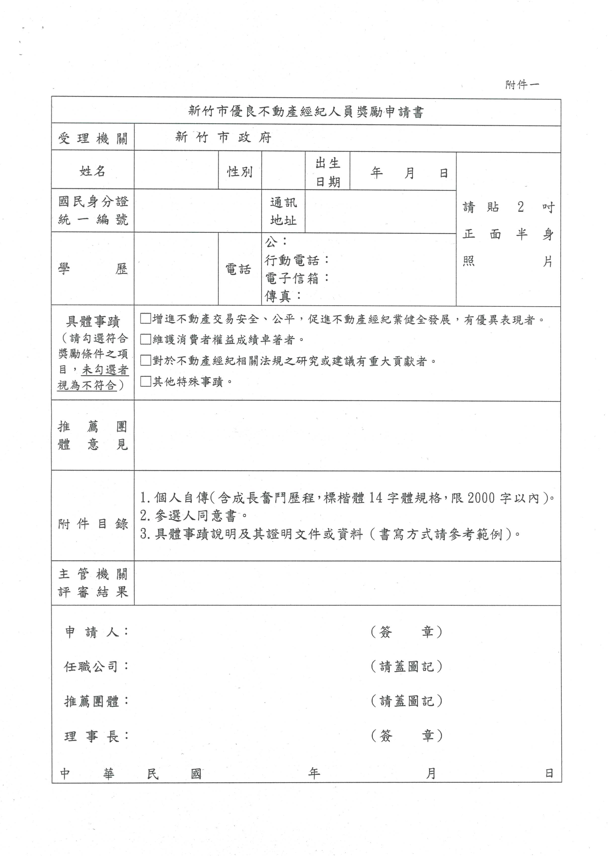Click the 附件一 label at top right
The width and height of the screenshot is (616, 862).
[x=522, y=85]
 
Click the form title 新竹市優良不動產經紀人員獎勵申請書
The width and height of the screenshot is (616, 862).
[x=306, y=112]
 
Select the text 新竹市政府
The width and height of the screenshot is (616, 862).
[x=223, y=137]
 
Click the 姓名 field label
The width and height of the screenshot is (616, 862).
[x=93, y=171]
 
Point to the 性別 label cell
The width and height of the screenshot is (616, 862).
[x=239, y=172]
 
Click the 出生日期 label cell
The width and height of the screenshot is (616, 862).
[x=327, y=173]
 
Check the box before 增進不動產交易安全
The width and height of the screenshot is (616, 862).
[x=146, y=319]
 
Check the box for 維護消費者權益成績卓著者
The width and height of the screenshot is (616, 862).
[x=146, y=339]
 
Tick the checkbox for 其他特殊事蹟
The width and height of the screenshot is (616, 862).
[x=146, y=381]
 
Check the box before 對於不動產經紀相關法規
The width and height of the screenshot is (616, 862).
[x=146, y=360]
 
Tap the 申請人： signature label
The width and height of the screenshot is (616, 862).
[x=96, y=632]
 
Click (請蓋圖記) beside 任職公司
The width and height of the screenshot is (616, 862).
[x=406, y=666]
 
